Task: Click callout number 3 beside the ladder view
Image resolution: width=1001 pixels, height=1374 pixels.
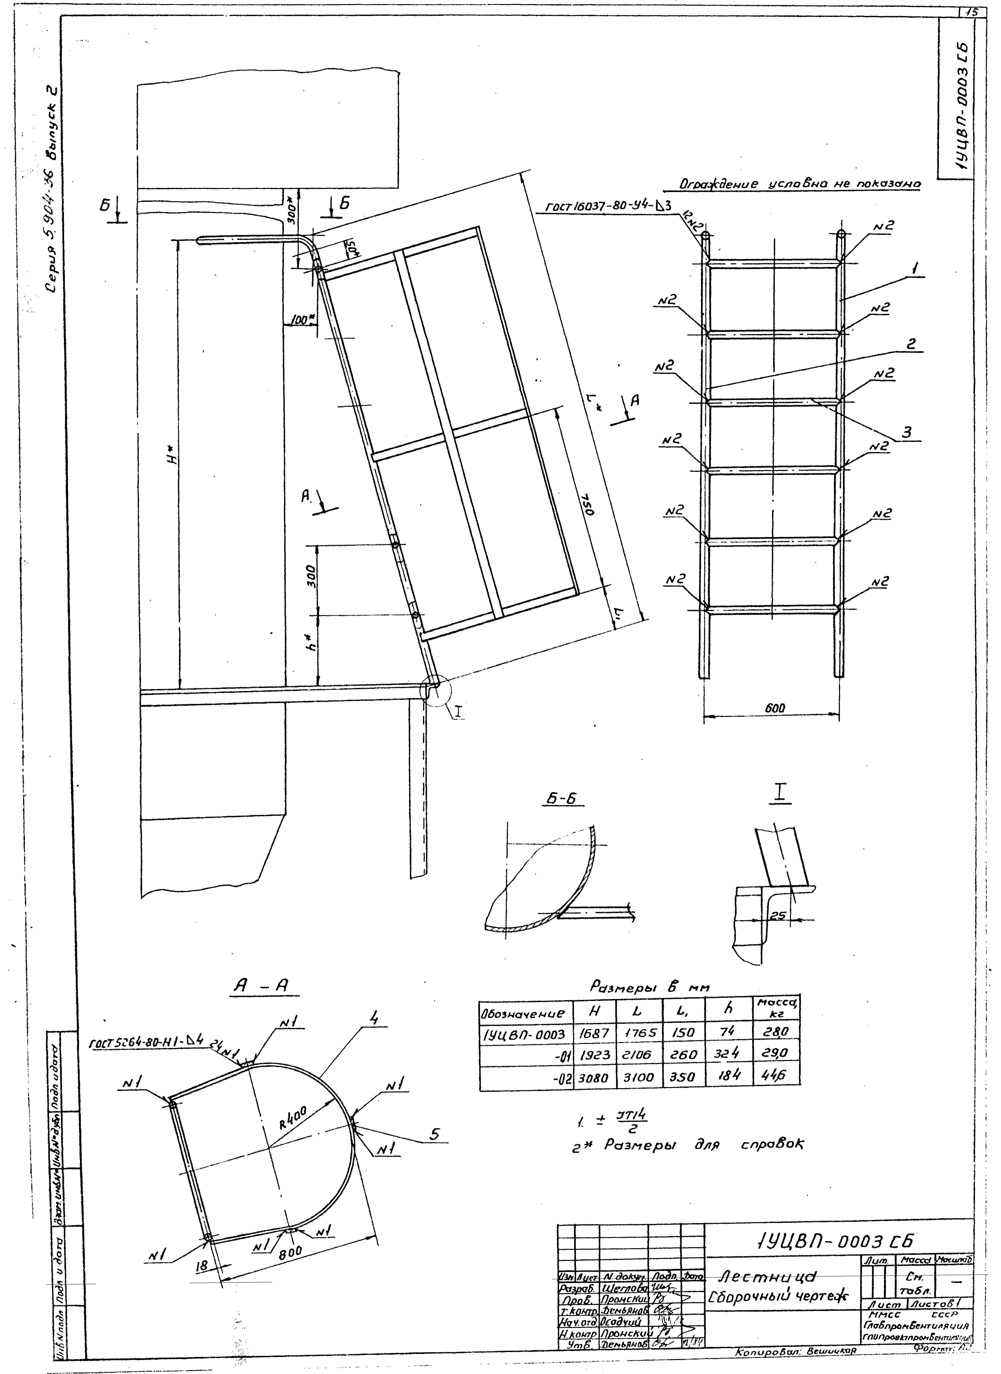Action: [x=907, y=432]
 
